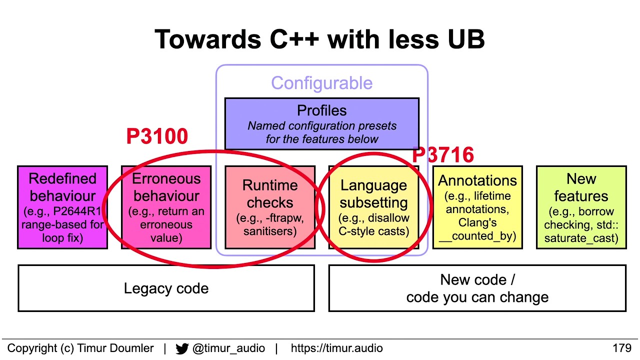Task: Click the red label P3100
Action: pos(157,136)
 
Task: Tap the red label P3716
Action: pos(443,155)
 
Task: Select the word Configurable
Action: pos(321,83)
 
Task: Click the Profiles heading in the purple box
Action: pos(321,110)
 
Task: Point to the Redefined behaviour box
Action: pos(62,207)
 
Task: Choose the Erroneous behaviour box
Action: pos(166,207)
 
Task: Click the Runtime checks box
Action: pos(270,207)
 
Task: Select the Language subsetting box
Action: pos(373,207)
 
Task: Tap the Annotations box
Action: pos(477,207)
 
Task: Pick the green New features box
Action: pos(581,207)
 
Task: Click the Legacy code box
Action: pos(166,288)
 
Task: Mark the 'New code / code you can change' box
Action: pos(477,288)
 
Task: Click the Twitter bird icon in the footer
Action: pos(182,348)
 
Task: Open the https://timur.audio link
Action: pos(336,348)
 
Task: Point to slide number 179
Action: pos(622,348)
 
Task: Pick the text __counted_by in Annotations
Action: pos(477,236)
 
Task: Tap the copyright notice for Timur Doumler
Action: pos(80,348)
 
